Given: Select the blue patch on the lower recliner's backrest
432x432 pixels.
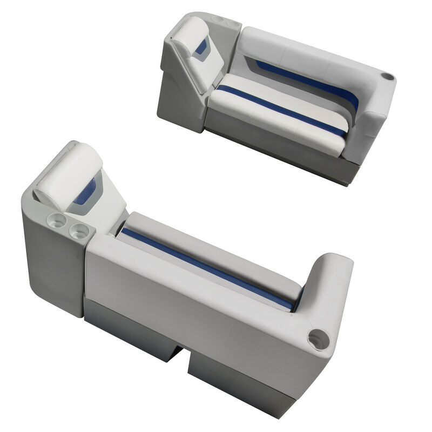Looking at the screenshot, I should click(x=85, y=192).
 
